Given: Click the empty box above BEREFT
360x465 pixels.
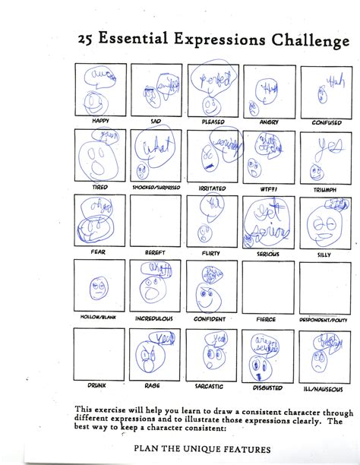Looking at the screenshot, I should [x=156, y=221].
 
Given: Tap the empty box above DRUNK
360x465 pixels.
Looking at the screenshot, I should [x=100, y=353].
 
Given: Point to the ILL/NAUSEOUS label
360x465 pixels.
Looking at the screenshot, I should [x=325, y=385].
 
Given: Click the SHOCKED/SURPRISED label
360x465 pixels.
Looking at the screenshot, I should [x=156, y=188].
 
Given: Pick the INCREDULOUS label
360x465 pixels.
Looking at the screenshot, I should [x=156, y=319].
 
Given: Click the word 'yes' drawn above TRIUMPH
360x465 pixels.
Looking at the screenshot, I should [x=327, y=145].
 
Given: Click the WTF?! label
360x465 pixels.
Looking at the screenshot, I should [x=268, y=188].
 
